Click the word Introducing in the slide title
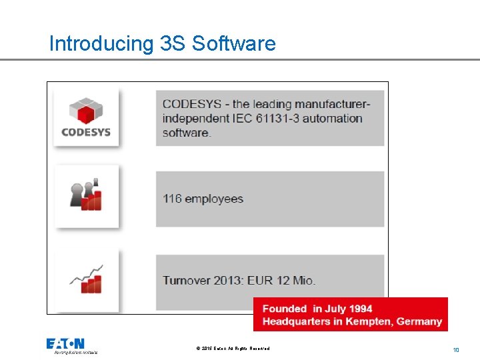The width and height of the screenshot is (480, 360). pos(101,44)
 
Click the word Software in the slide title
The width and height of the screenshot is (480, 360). pos(233,44)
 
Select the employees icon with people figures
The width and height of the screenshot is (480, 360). pos(86,194)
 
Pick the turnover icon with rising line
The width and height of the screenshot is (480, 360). pos(86,278)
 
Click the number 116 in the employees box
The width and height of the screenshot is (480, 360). pos(172,199)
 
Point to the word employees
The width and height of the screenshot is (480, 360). pos(214,199)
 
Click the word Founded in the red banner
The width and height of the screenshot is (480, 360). pos(284,309)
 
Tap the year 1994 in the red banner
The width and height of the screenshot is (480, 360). pos(359,309)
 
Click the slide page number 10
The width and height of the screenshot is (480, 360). pos(456,349)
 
